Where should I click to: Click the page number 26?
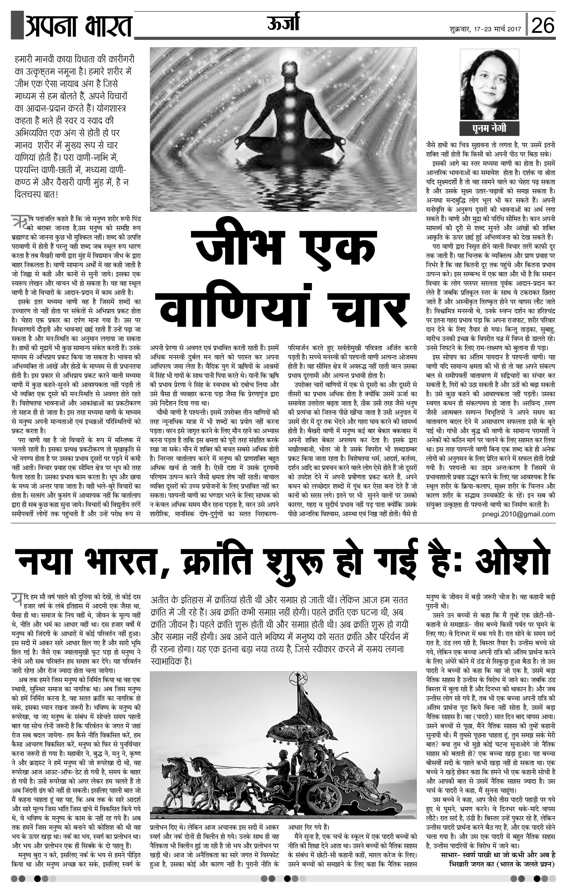tap(543, 25)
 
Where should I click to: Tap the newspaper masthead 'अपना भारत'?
tap(78, 25)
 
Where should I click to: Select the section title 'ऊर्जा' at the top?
tap(283, 23)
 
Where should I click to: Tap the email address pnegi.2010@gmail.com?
tap(518, 514)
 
